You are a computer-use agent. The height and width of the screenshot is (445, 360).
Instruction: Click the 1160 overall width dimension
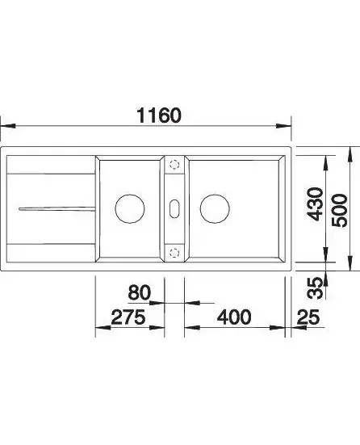[x=158, y=115]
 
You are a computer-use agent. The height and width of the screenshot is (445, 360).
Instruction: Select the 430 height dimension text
[x=316, y=204]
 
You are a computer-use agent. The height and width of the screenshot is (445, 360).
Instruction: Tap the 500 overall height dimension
[x=339, y=210]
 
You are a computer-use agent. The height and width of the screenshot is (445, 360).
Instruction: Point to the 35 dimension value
[x=316, y=288]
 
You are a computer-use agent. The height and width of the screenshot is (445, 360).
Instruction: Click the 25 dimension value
[x=308, y=317]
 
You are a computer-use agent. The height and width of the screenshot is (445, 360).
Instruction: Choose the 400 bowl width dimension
[x=234, y=317]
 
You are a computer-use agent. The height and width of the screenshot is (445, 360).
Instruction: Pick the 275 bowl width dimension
[x=128, y=317]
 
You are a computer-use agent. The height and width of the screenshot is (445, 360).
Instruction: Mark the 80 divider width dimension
[x=139, y=292]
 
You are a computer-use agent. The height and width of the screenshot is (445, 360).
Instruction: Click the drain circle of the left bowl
[x=130, y=208]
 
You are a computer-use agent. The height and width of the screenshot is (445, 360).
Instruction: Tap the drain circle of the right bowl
[x=215, y=208]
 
